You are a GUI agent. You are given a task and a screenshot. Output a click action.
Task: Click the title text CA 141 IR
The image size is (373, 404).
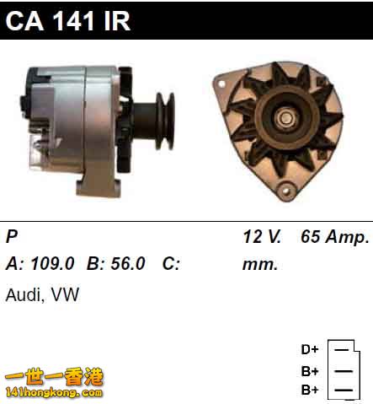pyautogui.click(x=68, y=21)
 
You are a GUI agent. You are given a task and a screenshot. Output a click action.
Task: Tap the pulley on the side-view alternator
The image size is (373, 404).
pyautogui.click(x=166, y=121)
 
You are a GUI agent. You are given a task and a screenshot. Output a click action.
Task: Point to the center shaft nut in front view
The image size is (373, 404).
pyautogui.click(x=286, y=118)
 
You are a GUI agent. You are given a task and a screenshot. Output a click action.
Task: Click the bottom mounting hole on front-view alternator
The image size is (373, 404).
pyautogui.click(x=285, y=191)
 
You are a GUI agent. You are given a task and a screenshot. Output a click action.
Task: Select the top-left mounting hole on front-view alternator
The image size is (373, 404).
pyautogui.click(x=221, y=84)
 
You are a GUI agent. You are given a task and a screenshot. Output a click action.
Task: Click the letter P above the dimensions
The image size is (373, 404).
pyautogui.click(x=12, y=236)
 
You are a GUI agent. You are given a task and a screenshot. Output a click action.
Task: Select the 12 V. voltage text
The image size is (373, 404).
pyautogui.click(x=262, y=236)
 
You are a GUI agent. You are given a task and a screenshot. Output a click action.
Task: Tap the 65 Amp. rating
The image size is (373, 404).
pyautogui.click(x=334, y=237)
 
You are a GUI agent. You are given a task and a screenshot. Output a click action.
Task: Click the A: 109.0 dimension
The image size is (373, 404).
pyautogui.click(x=40, y=264)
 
